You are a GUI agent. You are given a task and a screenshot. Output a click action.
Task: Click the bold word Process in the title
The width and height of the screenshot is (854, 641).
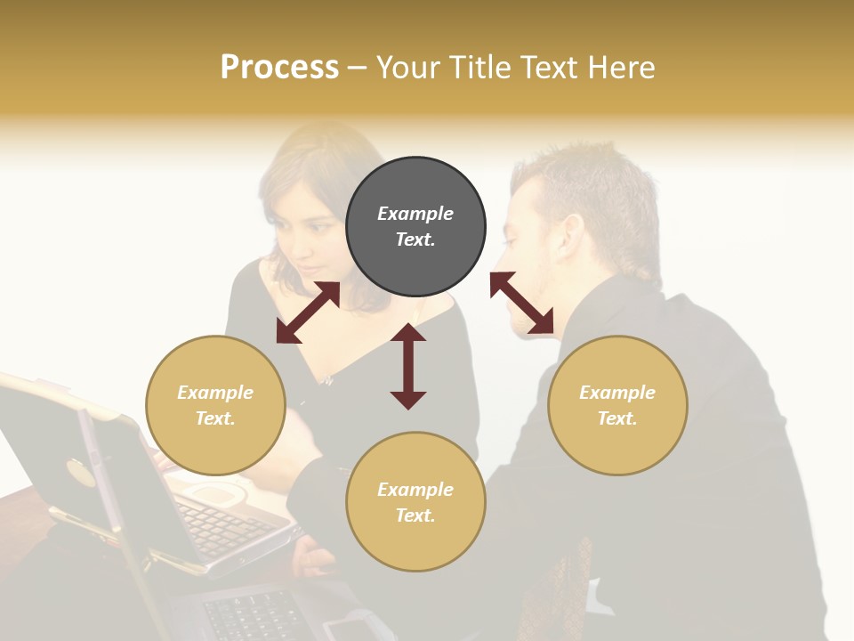coord(279,68)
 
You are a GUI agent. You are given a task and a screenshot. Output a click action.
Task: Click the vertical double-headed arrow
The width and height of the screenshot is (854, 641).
coord(408,367)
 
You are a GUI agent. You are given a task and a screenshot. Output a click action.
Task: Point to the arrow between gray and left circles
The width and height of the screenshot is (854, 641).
coord(308,312)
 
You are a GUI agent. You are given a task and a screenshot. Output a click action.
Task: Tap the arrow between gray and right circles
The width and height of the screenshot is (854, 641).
coord(521,303)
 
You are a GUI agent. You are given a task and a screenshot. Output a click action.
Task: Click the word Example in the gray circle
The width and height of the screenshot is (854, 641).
coord(415,214)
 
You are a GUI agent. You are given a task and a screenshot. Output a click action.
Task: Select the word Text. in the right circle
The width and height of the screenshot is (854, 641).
coord(617,418)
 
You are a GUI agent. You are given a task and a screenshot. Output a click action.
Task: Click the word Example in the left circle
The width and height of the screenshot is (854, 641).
coord(215,393)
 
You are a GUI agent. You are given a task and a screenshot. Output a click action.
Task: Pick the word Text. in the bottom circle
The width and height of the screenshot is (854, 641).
coord(415,515)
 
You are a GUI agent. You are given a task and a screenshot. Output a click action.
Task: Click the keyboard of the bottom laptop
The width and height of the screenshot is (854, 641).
coord(258,614)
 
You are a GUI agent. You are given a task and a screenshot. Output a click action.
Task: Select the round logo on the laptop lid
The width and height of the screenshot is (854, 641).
coord(81,472)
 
